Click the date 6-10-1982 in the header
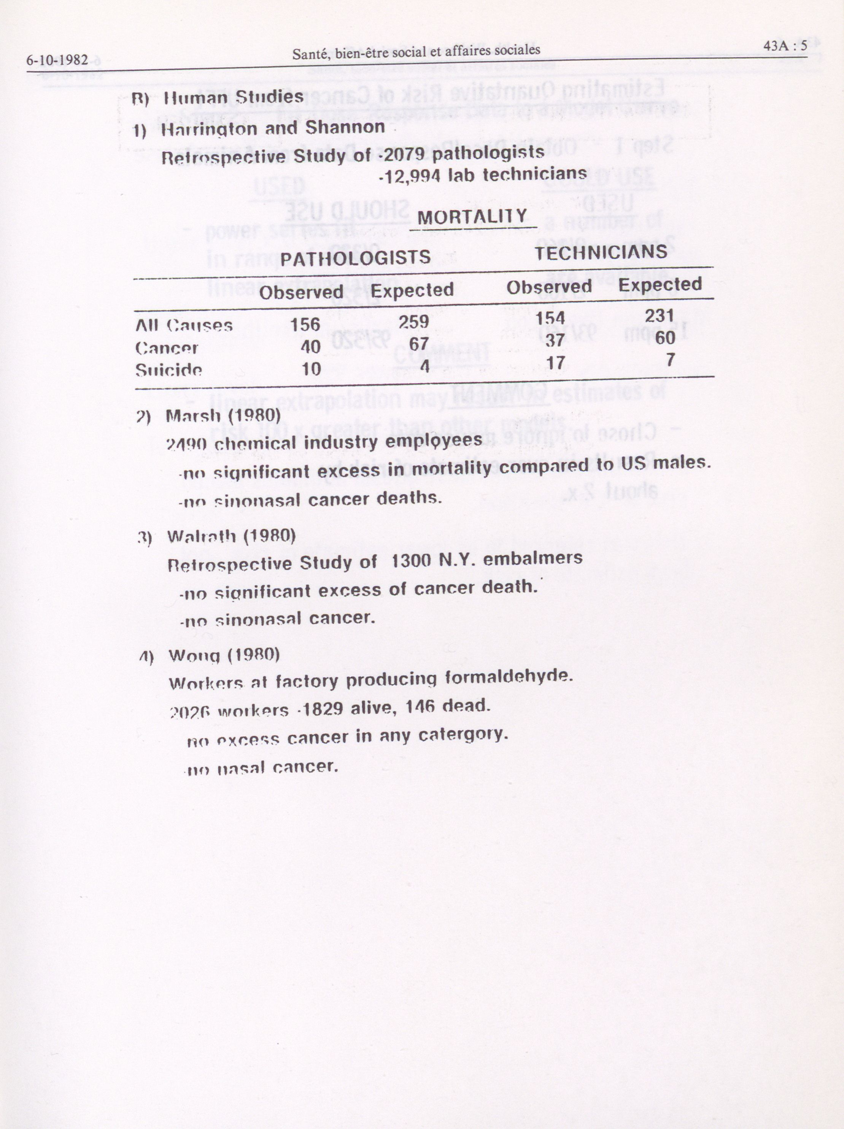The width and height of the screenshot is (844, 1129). [57, 60]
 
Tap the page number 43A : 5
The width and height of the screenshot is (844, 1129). [785, 46]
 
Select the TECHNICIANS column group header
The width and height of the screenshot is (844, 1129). [601, 252]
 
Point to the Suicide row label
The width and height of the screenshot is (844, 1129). [168, 369]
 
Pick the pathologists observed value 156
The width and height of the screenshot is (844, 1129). [305, 324]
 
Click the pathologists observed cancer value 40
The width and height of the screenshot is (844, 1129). [310, 347]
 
